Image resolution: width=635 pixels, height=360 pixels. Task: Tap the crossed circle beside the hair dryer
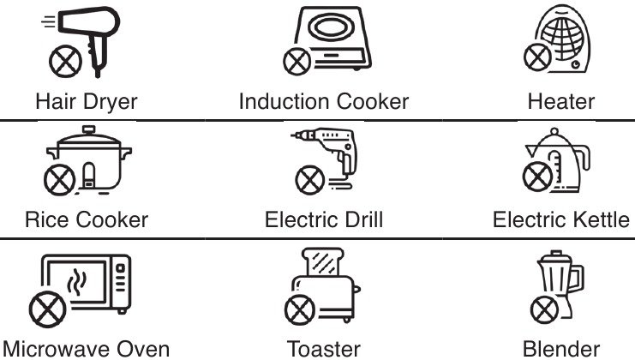[x=65, y=62]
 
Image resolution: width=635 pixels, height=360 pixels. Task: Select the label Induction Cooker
[x=324, y=101]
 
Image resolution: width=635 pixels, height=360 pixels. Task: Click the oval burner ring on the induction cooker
[x=331, y=27]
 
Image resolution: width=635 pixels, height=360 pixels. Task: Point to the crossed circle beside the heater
[x=537, y=57]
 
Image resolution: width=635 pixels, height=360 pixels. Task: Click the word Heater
[x=561, y=101]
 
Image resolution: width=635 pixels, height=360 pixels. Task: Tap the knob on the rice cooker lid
[x=88, y=129]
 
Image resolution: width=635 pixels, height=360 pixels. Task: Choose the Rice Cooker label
[x=87, y=220]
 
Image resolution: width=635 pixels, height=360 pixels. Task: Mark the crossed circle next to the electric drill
[x=310, y=180]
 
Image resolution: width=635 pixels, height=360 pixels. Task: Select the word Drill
[x=362, y=220]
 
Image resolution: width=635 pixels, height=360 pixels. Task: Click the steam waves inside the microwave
[x=76, y=281]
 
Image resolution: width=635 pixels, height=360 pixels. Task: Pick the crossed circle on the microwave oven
[x=48, y=309]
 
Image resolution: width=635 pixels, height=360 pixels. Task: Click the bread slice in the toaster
[x=323, y=262]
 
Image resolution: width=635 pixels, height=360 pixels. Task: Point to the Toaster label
[x=324, y=350]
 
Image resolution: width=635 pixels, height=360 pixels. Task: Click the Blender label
[x=561, y=350]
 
